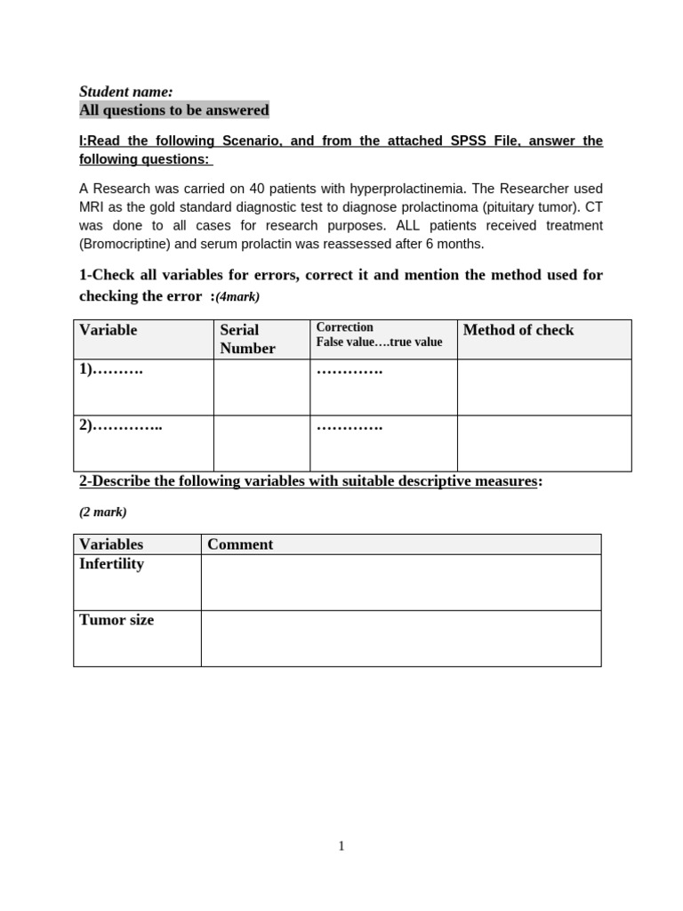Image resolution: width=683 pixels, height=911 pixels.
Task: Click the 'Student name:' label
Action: [125, 92]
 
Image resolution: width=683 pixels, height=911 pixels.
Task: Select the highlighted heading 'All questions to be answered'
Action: [173, 110]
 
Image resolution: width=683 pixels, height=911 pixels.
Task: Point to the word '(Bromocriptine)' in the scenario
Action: [123, 244]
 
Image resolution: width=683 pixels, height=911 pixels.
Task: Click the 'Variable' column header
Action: [108, 330]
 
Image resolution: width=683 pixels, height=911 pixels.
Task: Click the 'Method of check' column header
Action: [518, 330]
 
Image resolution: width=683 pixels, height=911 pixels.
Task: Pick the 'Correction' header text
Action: [345, 327]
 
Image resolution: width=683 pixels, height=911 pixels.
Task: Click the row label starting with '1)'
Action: [111, 369]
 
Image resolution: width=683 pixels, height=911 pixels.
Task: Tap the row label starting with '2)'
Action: [121, 425]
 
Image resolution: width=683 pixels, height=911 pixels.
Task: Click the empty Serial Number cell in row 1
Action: [261, 387]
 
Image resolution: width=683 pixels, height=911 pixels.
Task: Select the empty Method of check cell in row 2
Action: [544, 443]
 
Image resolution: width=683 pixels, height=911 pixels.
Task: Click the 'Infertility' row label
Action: [111, 564]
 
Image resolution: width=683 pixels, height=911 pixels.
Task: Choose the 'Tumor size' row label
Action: [117, 620]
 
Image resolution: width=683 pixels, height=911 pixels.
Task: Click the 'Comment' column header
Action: [240, 544]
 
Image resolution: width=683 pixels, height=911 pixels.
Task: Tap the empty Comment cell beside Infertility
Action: [400, 583]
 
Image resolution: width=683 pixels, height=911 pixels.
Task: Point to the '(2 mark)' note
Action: [103, 512]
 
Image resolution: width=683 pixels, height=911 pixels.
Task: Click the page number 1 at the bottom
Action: [341, 846]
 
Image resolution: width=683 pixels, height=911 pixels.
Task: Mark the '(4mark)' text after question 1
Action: [237, 297]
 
